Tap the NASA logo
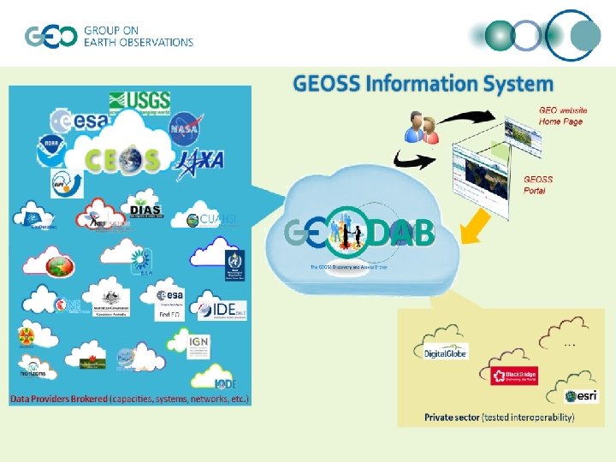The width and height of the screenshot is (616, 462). [185, 127]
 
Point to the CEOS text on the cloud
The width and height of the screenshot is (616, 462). [125, 159]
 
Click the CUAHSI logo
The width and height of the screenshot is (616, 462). [211, 220]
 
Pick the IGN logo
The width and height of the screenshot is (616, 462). [198, 345]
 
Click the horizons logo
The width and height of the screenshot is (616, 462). [33, 370]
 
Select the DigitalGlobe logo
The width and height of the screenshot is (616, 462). [446, 352]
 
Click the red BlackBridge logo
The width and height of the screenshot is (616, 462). [514, 376]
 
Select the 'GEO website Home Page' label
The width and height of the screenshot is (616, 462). [562, 115]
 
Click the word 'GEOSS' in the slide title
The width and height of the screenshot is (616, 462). [326, 84]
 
